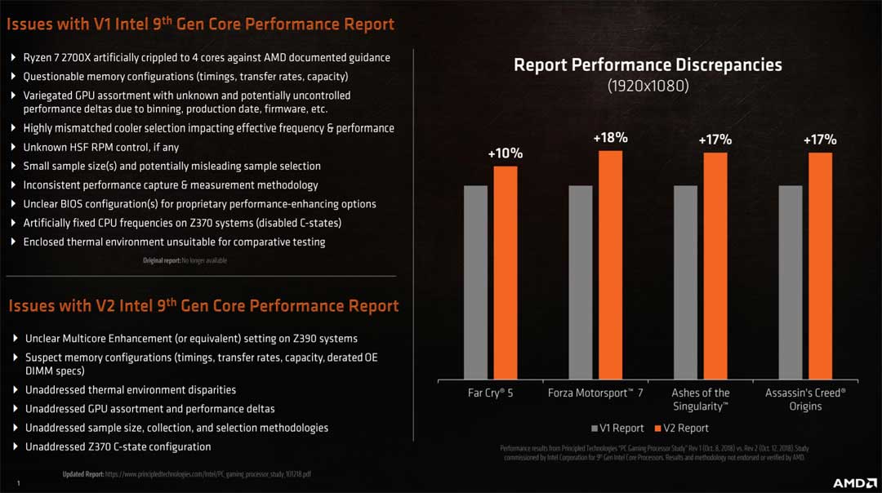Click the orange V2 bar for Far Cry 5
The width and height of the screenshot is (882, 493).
click(x=506, y=273)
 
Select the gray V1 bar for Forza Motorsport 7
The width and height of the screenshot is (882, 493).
click(x=580, y=282)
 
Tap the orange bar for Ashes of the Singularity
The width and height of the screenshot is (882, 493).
click(x=715, y=266)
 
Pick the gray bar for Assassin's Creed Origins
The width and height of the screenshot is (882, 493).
click(x=791, y=282)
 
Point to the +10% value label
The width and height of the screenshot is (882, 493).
click(x=506, y=153)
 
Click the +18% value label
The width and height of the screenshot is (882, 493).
click(x=610, y=138)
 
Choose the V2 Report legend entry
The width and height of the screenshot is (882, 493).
click(x=681, y=428)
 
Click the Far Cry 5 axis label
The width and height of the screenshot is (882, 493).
click(x=490, y=393)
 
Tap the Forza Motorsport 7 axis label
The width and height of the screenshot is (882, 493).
click(x=595, y=393)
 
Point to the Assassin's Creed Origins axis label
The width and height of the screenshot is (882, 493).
click(x=805, y=399)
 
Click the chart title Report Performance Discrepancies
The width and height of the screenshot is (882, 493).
click(x=648, y=64)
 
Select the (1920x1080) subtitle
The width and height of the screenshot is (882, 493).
click(x=648, y=86)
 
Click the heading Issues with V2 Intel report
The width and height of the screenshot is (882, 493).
click(x=203, y=306)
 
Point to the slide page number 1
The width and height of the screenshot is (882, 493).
click(x=17, y=483)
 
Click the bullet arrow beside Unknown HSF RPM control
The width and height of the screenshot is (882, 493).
click(x=13, y=148)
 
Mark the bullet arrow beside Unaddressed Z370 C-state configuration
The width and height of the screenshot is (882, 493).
click(x=15, y=447)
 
